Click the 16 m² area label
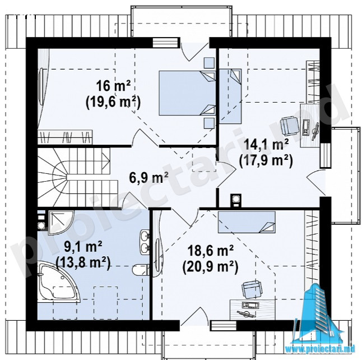(x=113, y=86)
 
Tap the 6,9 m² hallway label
(x=148, y=178)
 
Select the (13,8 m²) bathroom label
(x=83, y=263)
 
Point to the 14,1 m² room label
(x=266, y=145)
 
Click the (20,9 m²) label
(x=210, y=267)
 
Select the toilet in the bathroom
(x=140, y=269)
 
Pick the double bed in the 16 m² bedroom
(x=187, y=93)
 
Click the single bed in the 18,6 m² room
(x=247, y=222)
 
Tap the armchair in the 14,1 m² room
(x=289, y=126)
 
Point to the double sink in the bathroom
(x=145, y=242)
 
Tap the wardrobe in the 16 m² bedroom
(x=65, y=137)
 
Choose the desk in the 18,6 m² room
(x=253, y=310)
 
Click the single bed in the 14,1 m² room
(x=230, y=96)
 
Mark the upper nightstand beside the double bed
(x=209, y=63)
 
